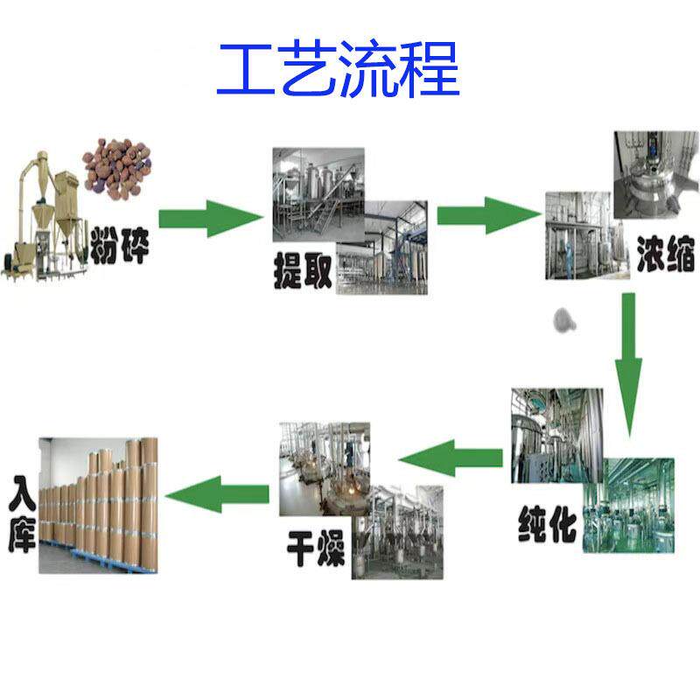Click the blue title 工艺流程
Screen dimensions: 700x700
[x=338, y=69]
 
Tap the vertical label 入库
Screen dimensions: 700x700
[x=23, y=512]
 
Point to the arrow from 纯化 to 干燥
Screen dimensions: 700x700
[x=451, y=457]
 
